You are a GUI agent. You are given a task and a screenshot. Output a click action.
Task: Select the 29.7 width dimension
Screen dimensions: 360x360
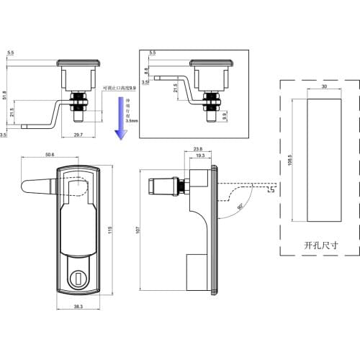(x=78, y=135)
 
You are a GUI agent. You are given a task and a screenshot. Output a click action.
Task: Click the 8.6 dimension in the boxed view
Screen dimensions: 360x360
(x=147, y=71)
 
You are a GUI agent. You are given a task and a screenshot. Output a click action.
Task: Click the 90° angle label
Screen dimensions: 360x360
(x=238, y=210)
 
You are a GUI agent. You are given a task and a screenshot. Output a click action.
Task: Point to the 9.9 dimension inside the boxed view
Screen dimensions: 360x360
(x=224, y=114)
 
